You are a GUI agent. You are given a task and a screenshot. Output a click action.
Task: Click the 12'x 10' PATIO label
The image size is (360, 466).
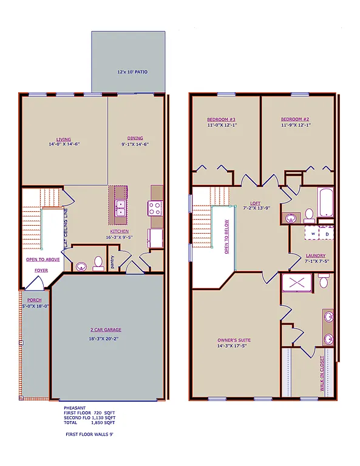(x=132, y=72)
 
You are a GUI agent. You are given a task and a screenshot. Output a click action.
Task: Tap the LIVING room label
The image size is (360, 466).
(x=64, y=138)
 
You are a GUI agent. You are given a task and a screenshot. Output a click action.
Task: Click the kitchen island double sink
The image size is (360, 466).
(x=121, y=208)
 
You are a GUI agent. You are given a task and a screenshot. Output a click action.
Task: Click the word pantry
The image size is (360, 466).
(x=112, y=261)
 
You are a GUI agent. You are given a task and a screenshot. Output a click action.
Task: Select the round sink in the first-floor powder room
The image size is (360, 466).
(x=81, y=265)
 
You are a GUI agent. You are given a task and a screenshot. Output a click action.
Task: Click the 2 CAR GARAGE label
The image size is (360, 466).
(x=107, y=331)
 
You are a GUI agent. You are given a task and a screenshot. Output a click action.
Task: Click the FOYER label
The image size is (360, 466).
(x=41, y=270)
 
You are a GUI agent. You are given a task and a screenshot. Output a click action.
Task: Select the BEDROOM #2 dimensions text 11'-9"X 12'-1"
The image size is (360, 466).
(x=296, y=126)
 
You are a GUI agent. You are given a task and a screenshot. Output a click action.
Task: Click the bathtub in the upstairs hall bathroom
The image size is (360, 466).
(x=325, y=203)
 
